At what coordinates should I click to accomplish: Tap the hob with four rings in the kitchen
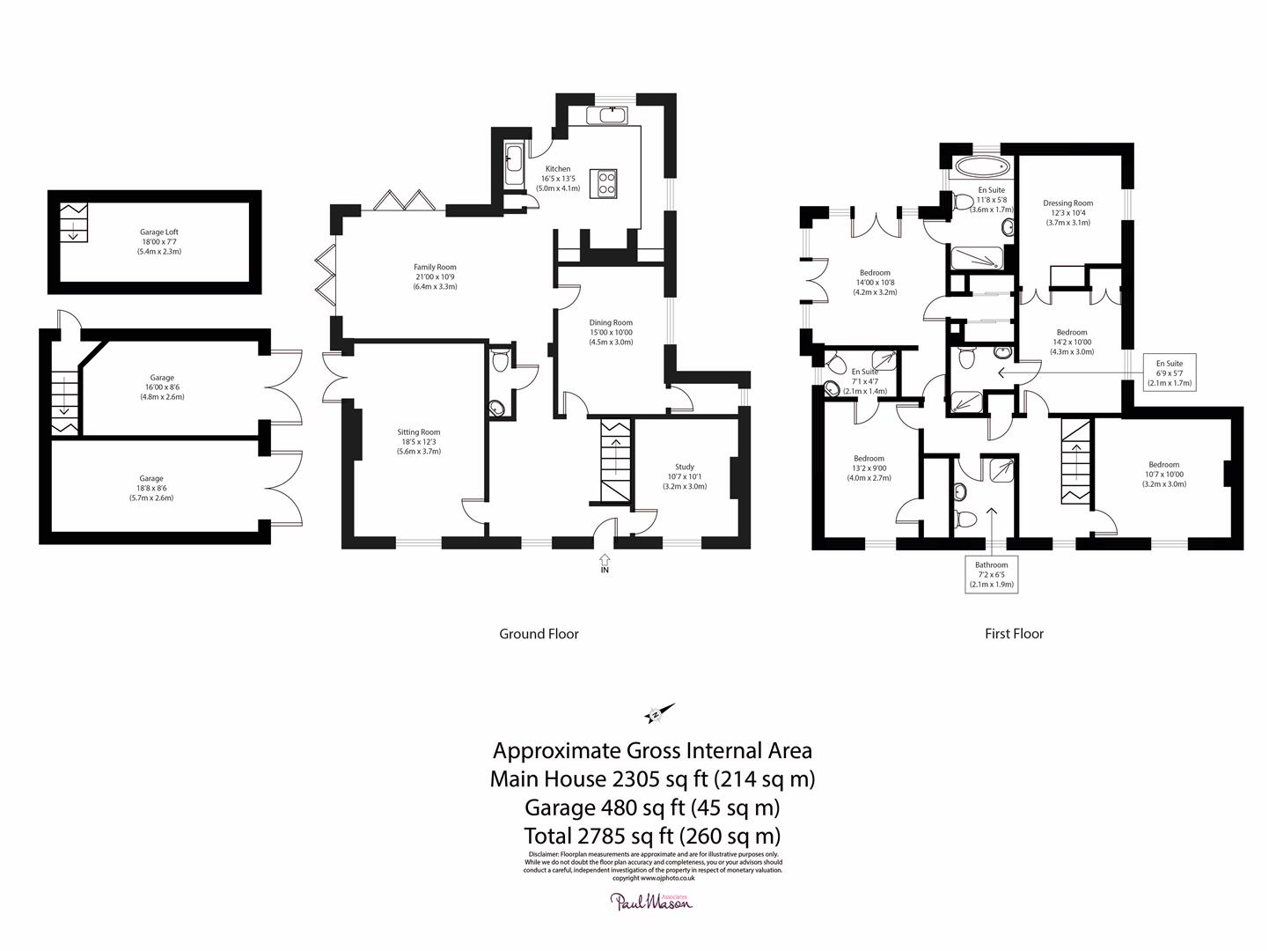point(607,181)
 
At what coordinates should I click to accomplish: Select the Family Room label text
point(435,276)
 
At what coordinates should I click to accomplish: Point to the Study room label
point(685,476)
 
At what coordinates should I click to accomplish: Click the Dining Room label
point(611,332)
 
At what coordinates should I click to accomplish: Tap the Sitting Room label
point(418,441)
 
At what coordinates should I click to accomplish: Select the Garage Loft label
point(158,241)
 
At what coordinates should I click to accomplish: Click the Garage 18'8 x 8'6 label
point(150,488)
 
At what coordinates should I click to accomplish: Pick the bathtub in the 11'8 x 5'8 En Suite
point(978,166)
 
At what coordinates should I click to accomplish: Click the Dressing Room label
point(1067,212)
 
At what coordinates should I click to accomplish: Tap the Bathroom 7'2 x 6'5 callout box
point(991,574)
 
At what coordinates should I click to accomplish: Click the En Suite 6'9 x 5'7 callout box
point(1169,372)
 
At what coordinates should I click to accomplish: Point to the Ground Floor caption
point(539,633)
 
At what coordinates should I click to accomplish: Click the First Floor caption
point(1014,633)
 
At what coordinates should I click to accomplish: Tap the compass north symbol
point(658,713)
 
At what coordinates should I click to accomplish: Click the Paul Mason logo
point(652,901)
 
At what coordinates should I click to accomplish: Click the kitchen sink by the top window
point(612,115)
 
